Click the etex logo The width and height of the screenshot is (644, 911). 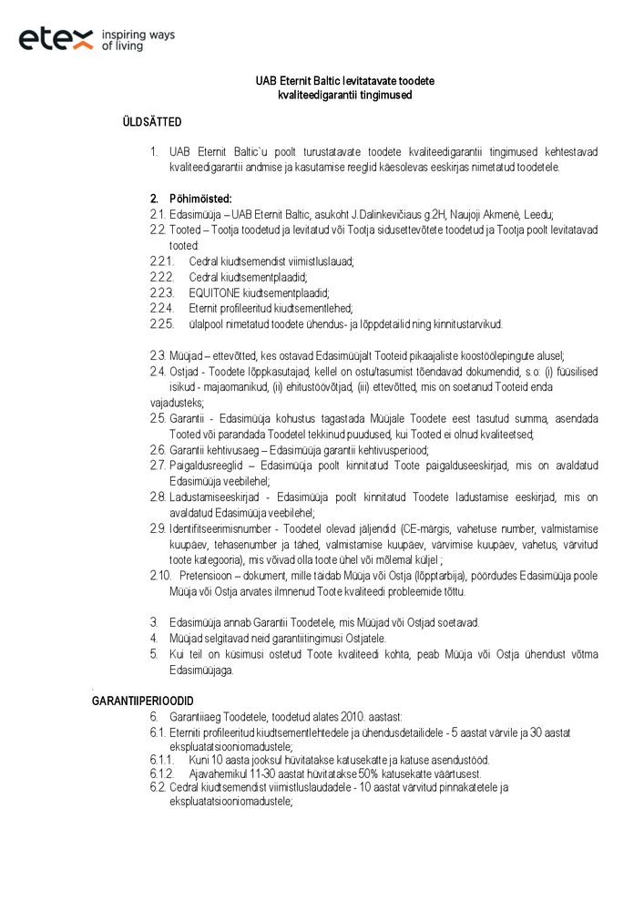(56, 38)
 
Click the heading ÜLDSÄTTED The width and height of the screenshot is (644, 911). (151, 122)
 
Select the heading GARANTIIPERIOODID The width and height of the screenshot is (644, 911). (141, 700)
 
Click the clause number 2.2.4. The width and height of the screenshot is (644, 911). (161, 309)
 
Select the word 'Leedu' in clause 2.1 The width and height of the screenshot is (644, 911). (539, 215)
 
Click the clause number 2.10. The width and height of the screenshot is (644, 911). (161, 576)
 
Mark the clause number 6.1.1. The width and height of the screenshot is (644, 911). (161, 760)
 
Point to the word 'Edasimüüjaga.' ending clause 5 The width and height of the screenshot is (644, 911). (202, 670)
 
